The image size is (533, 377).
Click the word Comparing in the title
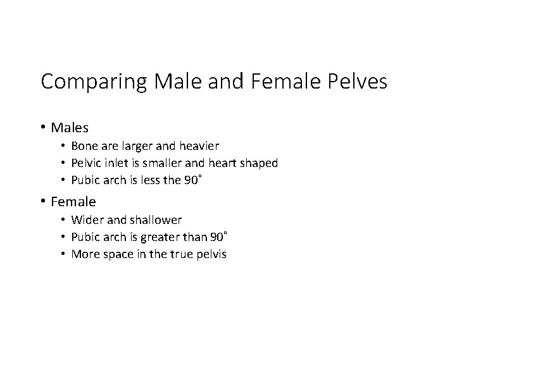coord(94,82)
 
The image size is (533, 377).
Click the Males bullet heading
coord(70,128)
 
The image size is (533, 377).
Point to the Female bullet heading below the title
coord(73,202)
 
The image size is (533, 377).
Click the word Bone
coord(84,145)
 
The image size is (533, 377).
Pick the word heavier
coord(199,145)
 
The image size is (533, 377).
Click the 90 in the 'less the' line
coord(190,180)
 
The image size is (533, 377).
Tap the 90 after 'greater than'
coord(216,237)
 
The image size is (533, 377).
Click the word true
coord(181,254)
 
